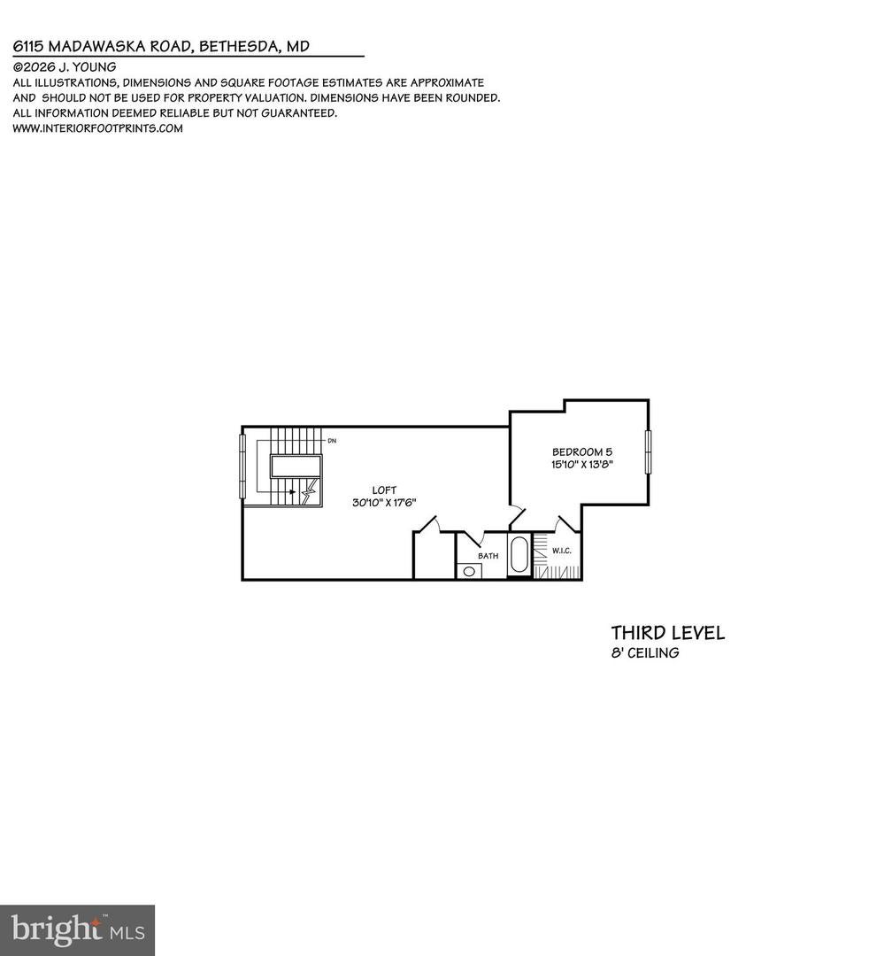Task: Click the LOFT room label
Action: click(x=384, y=490)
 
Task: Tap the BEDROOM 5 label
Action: click(x=582, y=451)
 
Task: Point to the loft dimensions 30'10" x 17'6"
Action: click(x=384, y=503)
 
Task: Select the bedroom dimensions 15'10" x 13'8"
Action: click(x=582, y=464)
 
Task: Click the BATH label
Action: click(x=488, y=556)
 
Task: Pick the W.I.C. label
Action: click(x=562, y=551)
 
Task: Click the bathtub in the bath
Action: click(x=519, y=554)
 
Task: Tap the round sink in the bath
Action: click(x=469, y=572)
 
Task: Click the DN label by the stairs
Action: click(x=332, y=440)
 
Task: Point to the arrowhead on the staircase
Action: click(x=294, y=491)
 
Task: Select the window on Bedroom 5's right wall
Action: click(x=649, y=451)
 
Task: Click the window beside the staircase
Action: click(x=242, y=466)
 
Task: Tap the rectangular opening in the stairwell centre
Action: click(x=296, y=466)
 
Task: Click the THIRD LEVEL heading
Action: click(x=668, y=633)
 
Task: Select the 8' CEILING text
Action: click(x=645, y=653)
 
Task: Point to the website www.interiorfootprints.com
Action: click(x=97, y=128)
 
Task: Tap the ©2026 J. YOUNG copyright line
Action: click(x=65, y=67)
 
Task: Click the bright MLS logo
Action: click(x=77, y=930)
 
